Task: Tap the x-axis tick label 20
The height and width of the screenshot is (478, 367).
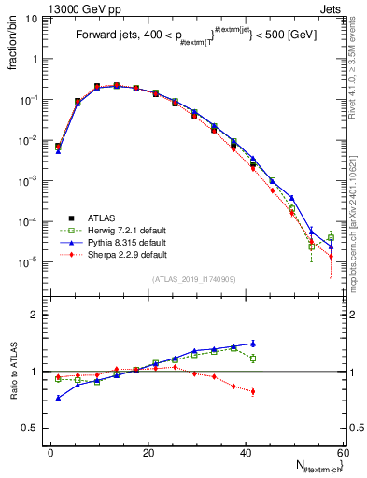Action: coord(148,452)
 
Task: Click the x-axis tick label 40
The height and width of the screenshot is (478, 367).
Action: coord(245,452)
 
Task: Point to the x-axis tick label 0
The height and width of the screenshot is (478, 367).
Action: coord(50,452)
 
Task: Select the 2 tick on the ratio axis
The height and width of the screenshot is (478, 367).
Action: coord(37,316)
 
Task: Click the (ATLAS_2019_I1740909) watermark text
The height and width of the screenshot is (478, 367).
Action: coord(195,279)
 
